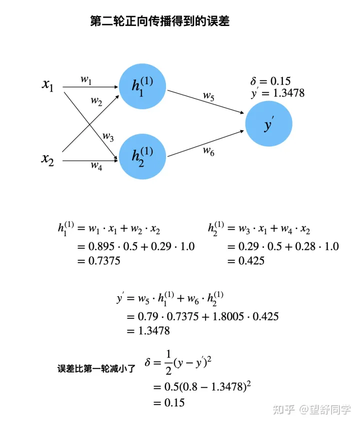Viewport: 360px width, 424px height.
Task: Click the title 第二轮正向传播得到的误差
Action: [159, 21]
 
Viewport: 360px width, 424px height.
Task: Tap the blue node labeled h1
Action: [142, 87]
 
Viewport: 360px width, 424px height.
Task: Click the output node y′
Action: [269, 124]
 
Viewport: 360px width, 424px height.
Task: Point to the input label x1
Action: [48, 85]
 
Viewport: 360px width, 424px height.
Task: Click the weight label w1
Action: [86, 79]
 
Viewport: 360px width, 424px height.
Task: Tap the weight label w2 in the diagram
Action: [96, 101]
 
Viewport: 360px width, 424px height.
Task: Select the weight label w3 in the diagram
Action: [108, 136]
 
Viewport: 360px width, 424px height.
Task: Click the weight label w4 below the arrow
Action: [96, 167]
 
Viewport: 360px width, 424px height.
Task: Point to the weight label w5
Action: [208, 96]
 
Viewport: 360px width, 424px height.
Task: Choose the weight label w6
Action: [208, 152]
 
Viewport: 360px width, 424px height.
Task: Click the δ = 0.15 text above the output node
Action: [270, 81]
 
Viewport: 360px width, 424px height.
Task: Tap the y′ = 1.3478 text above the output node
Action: [278, 93]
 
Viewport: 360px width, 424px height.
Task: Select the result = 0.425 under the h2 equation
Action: [245, 261]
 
